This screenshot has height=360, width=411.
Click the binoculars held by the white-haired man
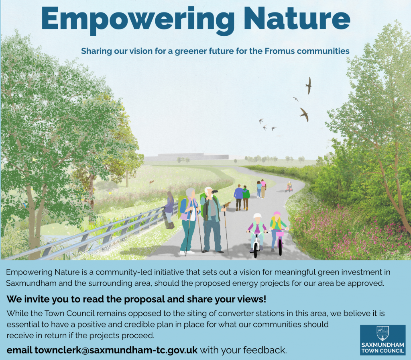[214, 192]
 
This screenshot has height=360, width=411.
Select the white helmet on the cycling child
[257, 216]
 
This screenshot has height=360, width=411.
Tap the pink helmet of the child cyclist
[277, 214]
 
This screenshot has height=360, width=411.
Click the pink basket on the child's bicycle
[280, 233]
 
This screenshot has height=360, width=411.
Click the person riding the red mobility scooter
[289, 186]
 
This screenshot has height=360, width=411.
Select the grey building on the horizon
[186, 157]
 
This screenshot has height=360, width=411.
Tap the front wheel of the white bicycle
[256, 250]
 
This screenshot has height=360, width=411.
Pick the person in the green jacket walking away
[246, 198]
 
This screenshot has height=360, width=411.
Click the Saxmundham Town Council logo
[383, 340]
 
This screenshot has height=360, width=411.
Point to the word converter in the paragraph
[238, 313]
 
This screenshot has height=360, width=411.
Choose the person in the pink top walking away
[263, 188]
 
